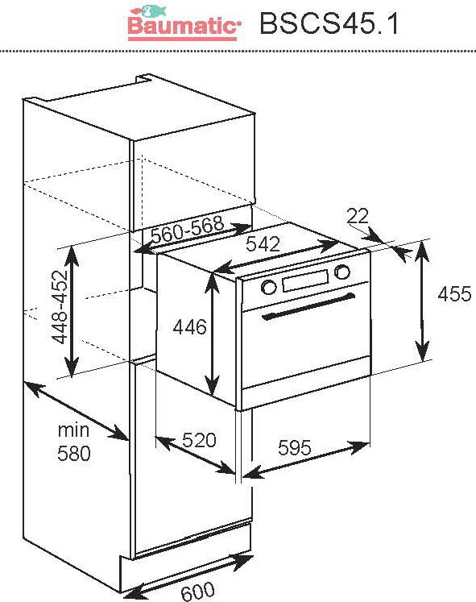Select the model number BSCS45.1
coord(329,24)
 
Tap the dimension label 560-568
coord(188,229)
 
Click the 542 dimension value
coord(263,244)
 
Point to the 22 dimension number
coord(358,216)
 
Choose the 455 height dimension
coord(454,294)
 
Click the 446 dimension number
coord(190,327)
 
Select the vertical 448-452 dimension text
coord(60,307)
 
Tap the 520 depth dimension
coord(199,440)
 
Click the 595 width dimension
coord(295,447)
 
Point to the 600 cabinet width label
coord(198,591)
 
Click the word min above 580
coord(73,430)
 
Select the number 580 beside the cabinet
coord(74,454)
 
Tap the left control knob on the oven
coord(268,287)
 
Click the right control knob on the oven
coord(341,272)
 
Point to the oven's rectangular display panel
coord(306,280)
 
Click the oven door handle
coord(308,306)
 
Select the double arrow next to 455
coord(422,301)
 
